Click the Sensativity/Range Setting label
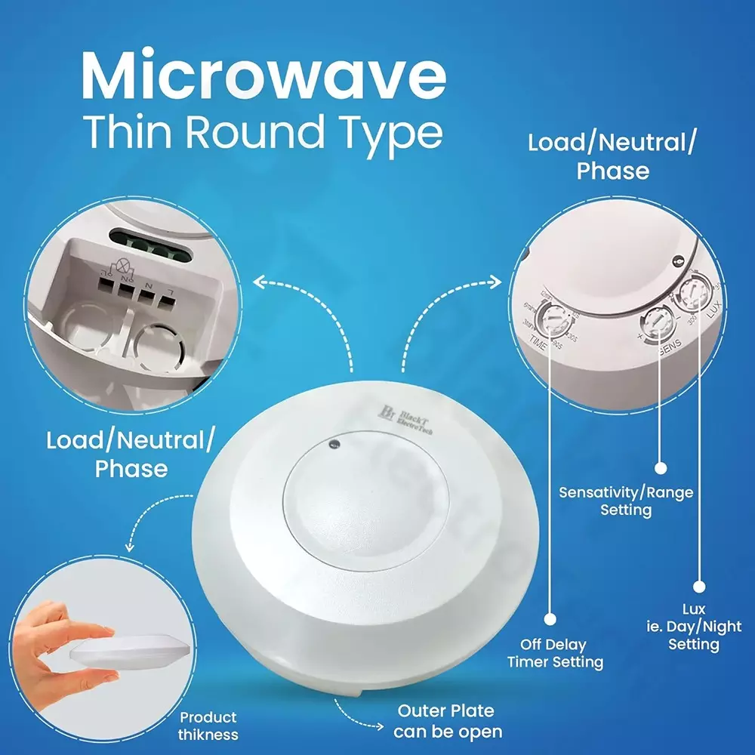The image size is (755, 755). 626,501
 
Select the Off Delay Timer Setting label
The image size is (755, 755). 555,654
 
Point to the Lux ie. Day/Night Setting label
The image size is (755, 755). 693,627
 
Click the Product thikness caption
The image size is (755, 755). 208,726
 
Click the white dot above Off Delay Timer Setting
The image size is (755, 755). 550,618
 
